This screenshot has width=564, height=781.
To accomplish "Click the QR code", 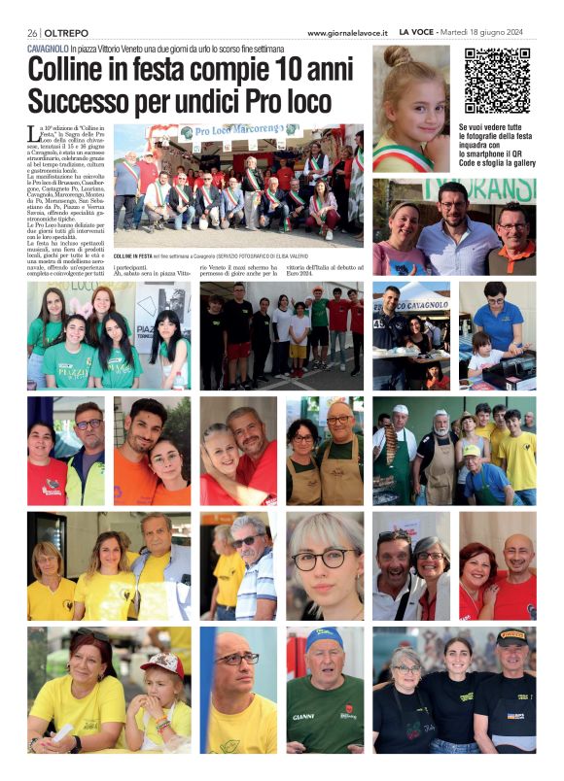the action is tap(496, 81).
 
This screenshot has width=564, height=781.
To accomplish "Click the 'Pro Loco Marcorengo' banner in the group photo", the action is tap(238, 131).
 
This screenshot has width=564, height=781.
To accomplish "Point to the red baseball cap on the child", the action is tap(163, 665).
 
